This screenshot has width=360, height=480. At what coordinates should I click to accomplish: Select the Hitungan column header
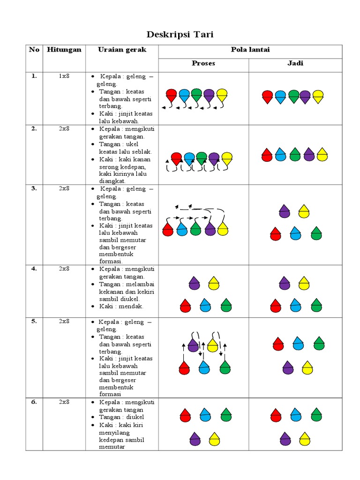pyautogui.click(x=64, y=50)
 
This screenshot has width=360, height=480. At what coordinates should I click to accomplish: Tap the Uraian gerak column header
pyautogui.click(x=122, y=50)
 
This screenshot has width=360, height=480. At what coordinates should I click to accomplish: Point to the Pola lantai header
pyautogui.click(x=250, y=50)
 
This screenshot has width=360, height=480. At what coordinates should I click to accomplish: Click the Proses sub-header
pyautogui.click(x=203, y=63)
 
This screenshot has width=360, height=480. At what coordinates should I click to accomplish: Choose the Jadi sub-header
pyautogui.click(x=295, y=63)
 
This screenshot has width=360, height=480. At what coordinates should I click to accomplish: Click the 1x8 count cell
pyautogui.click(x=64, y=76)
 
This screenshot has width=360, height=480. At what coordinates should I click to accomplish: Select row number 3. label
pyautogui.click(x=34, y=188)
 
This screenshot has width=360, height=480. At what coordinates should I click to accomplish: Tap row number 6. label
pyautogui.click(x=34, y=402)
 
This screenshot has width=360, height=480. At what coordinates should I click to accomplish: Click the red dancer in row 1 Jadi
pyautogui.click(x=267, y=97)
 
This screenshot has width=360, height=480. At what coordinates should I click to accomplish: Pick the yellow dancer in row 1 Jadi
pyautogui.click(x=318, y=97)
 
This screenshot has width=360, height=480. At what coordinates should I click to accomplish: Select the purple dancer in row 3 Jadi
pyautogui.click(x=284, y=211)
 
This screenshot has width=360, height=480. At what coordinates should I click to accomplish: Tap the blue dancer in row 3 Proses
pyautogui.click(x=182, y=229)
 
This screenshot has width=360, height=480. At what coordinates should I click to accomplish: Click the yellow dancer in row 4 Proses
pyautogui.click(x=214, y=283)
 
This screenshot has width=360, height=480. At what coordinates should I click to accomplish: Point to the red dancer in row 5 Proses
pyautogui.click(x=184, y=367)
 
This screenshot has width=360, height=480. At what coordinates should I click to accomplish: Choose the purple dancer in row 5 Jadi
pyautogui.click(x=288, y=367)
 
